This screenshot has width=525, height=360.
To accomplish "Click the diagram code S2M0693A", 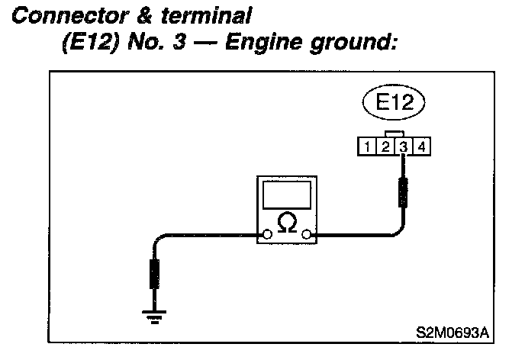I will pyautogui.click(x=452, y=333).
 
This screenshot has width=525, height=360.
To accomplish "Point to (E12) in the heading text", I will pyautogui.click(x=85, y=44).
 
